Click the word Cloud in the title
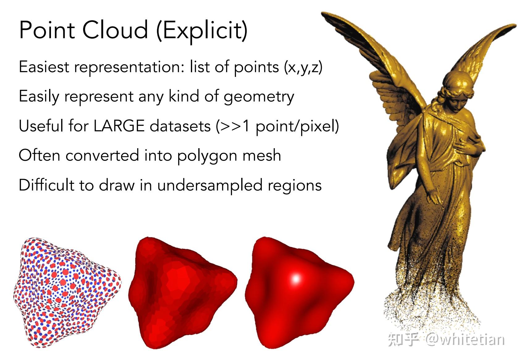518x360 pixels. pyautogui.click(x=115, y=30)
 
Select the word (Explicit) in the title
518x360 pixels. pyautogui.click(x=202, y=31)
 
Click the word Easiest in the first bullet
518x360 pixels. pyautogui.click(x=44, y=67)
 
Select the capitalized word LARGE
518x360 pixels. pyautogui.click(x=119, y=126)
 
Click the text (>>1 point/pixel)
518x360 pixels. pyautogui.click(x=277, y=127)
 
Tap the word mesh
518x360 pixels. pyautogui.click(x=262, y=155)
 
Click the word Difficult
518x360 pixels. pyautogui.click(x=46, y=185)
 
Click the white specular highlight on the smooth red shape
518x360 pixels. pyautogui.click(x=296, y=278)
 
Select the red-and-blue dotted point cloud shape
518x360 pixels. pyautogui.click(x=67, y=292)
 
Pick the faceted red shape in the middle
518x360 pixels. pyautogui.click(x=183, y=292)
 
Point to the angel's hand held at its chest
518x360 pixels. pyautogui.click(x=464, y=148)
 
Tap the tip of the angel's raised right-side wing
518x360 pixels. pyautogui.click(x=515, y=25)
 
